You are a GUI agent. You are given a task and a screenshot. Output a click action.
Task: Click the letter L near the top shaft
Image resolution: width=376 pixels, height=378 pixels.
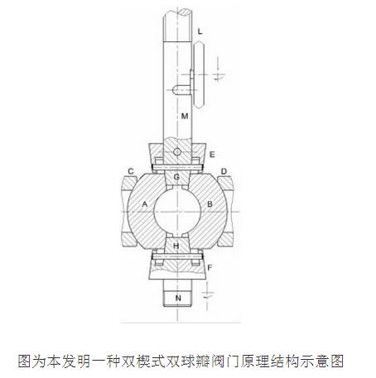(200, 31)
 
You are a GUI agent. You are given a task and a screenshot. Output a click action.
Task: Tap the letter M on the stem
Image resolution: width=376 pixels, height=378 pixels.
(185, 116)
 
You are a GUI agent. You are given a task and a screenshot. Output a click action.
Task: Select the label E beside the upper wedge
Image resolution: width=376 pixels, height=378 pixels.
(212, 155)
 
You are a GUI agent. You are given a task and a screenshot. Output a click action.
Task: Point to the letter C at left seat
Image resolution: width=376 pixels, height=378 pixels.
(131, 171)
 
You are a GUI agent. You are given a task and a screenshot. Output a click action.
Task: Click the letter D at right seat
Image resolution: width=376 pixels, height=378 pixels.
(224, 171)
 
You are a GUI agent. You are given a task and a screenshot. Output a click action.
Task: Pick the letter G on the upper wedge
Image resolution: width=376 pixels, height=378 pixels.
(176, 177)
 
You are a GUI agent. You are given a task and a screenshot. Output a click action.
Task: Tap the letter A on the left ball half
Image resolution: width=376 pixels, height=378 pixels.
(145, 204)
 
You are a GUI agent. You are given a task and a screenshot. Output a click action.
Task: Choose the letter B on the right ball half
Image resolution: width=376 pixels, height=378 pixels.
(210, 204)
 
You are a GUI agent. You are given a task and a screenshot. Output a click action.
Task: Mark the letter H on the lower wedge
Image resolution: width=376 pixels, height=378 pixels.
(176, 246)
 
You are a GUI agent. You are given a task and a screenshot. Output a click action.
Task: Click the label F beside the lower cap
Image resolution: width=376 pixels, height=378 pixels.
(210, 267)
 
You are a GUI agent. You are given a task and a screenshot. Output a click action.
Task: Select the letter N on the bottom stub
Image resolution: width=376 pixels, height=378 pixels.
(178, 298)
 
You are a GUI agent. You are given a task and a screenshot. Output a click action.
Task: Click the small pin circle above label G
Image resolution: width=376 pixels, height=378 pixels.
(177, 152)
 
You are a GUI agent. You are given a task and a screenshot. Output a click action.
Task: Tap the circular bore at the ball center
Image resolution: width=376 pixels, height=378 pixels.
(177, 212)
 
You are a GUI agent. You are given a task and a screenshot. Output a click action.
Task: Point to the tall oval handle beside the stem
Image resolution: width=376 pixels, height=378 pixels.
(199, 74)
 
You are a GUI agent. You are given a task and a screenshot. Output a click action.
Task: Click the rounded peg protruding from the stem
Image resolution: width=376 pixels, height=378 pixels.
(181, 90)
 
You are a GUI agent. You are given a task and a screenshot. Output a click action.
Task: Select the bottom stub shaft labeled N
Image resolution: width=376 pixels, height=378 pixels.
(176, 293)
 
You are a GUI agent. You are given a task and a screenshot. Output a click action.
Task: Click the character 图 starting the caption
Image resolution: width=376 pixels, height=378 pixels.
(25, 361)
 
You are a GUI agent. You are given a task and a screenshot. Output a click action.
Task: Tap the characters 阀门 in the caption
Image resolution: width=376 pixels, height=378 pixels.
(226, 361)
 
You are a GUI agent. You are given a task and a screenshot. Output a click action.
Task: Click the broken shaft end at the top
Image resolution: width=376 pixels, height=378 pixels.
(176, 12)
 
